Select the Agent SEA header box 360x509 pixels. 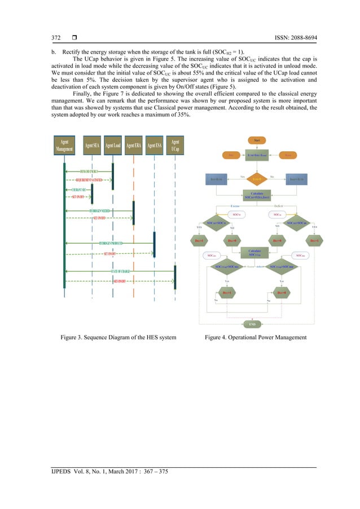(x=93, y=146)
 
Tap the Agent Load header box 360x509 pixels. (x=113, y=146)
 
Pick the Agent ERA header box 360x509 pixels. (x=133, y=146)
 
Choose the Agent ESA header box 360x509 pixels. (x=153, y=146)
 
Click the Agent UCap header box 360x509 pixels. (x=175, y=146)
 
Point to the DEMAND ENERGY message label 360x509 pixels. (x=90, y=170)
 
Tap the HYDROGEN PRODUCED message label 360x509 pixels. (x=111, y=243)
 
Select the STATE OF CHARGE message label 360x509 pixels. (x=120, y=271)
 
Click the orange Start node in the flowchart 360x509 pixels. (x=256, y=140)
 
